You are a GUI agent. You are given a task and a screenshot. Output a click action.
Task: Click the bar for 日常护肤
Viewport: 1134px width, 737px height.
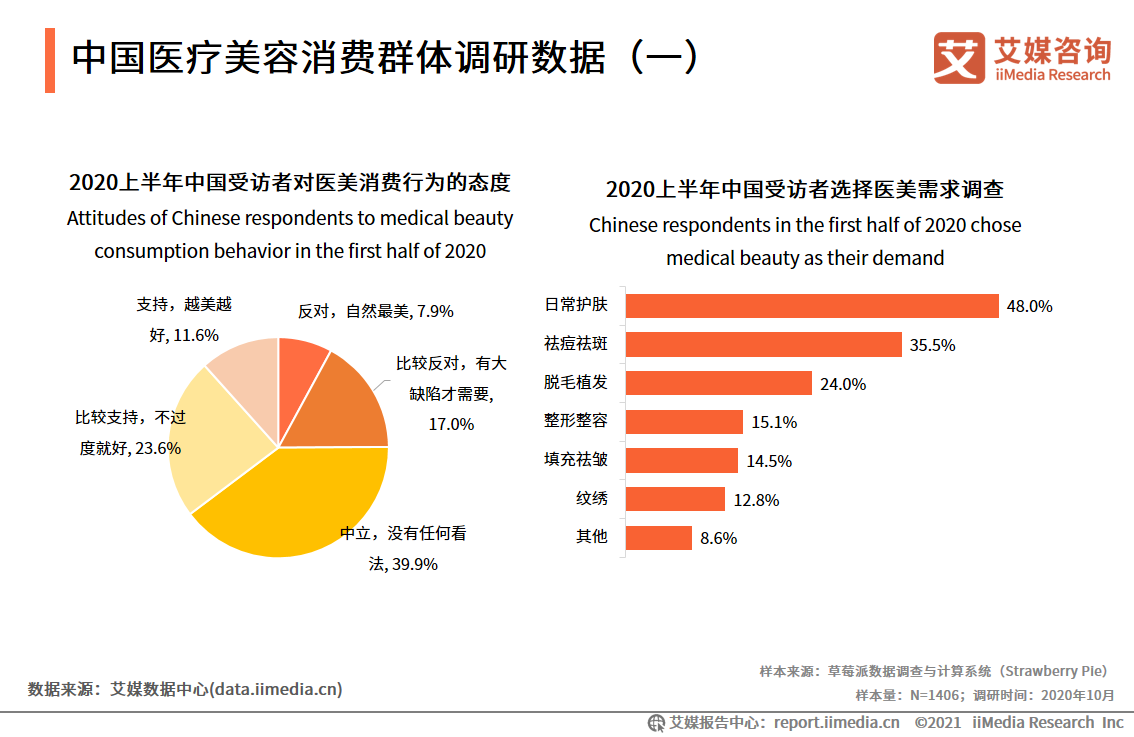point(812,306)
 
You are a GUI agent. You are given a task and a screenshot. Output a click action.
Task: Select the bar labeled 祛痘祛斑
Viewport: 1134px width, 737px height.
point(764,345)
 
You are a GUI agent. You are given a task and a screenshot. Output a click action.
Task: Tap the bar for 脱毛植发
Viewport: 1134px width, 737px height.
point(718,383)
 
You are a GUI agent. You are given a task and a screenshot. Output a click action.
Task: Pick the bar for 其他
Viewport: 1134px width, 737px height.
point(659,537)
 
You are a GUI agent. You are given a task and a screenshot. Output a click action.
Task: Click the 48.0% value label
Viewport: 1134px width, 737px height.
point(1029,307)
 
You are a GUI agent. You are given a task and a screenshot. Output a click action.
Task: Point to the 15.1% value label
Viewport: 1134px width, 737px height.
point(774,422)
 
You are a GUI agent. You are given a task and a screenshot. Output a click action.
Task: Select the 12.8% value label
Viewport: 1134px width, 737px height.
point(756,499)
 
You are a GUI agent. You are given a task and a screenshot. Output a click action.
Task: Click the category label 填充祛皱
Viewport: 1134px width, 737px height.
point(576,460)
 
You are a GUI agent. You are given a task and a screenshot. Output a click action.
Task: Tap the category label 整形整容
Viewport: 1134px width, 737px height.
point(576,421)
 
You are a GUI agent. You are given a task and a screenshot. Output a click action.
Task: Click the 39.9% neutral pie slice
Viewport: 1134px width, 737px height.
point(300,510)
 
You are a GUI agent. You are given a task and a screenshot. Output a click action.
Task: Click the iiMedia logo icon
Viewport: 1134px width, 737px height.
point(959,58)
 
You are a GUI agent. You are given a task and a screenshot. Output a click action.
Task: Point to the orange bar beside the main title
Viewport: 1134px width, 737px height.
point(50,61)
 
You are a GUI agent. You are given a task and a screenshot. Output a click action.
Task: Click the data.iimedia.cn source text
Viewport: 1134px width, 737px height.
point(186,689)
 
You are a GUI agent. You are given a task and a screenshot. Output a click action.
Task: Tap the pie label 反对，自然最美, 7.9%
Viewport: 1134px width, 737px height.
point(376,311)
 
